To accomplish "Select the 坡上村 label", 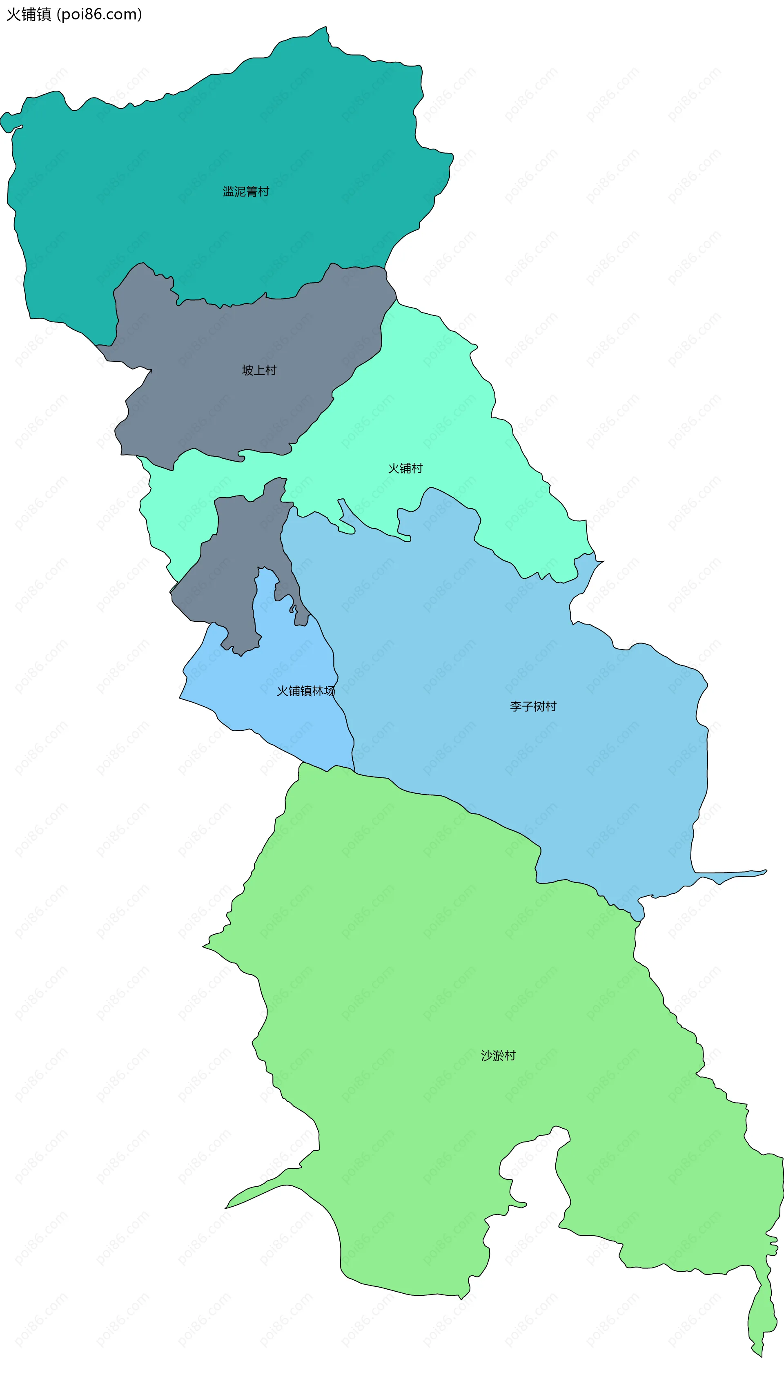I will (x=259, y=370).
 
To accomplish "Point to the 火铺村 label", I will (x=405, y=469).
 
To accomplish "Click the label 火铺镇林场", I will (x=305, y=691).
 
